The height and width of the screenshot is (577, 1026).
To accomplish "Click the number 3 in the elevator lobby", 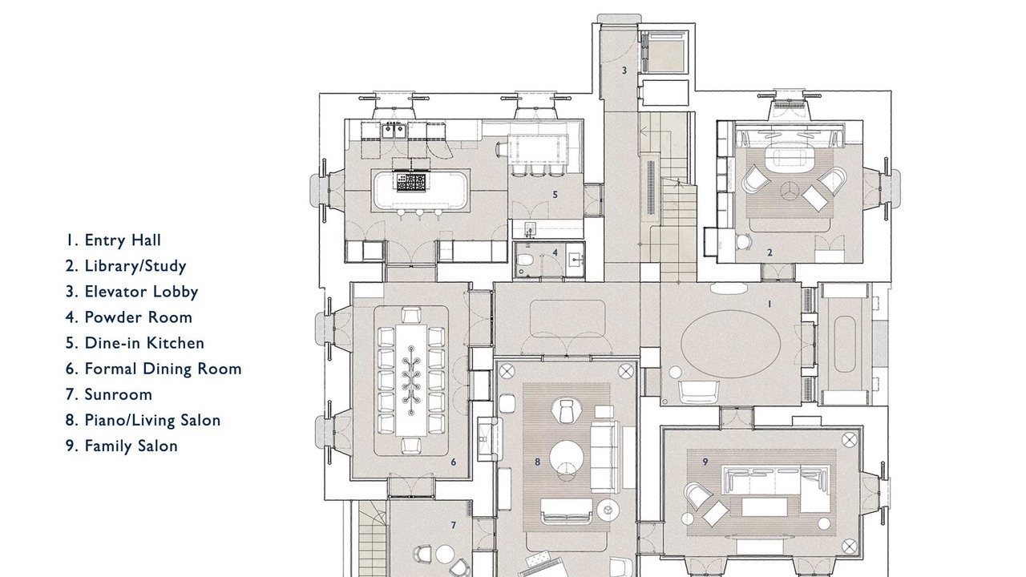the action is click(x=624, y=71).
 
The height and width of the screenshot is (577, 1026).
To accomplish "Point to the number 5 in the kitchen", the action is click(x=555, y=195).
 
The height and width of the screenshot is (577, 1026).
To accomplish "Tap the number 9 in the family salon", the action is click(x=705, y=462).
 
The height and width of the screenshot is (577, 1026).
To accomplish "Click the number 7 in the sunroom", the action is click(x=454, y=525).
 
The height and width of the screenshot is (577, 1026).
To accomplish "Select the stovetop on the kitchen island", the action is click(x=411, y=182).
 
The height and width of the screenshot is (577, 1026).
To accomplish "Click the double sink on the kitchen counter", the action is click(x=394, y=131).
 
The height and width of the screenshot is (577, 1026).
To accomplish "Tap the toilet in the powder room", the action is click(x=525, y=260).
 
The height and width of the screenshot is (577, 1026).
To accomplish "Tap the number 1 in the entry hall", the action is click(x=769, y=304).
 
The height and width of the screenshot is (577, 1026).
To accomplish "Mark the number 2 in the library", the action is click(x=770, y=252).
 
